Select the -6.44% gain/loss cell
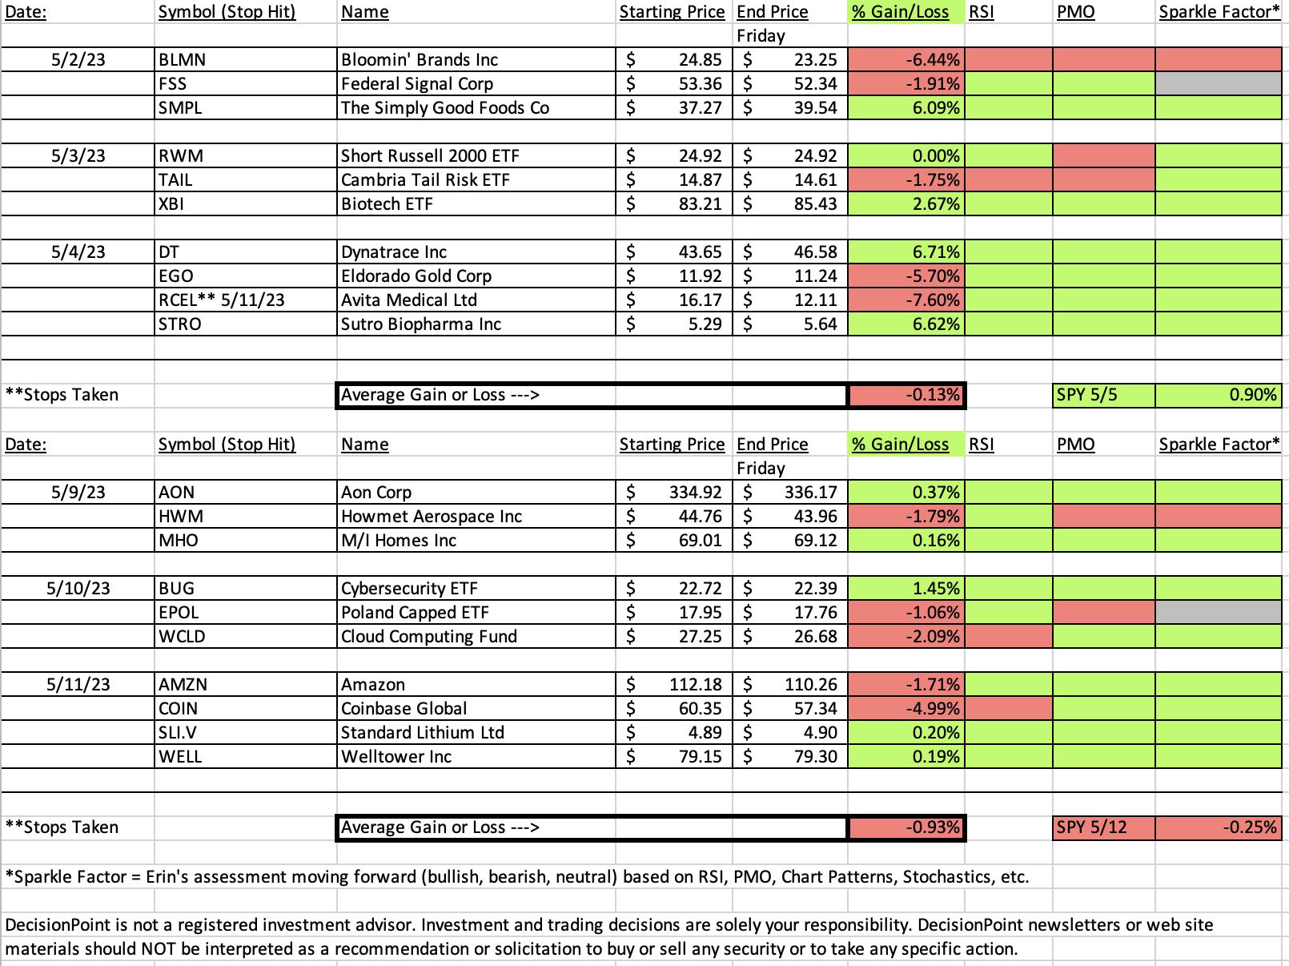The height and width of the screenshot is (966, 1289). pos(906,60)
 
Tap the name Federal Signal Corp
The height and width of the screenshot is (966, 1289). pos(417,84)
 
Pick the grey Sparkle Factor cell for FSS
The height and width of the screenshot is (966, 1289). pos(1218,84)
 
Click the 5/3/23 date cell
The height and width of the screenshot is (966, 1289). pos(78,155)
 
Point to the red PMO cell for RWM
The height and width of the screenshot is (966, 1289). pos(1103,155)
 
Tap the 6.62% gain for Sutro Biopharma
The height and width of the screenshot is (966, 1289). pos(906,324)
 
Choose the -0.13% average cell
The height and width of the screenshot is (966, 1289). pos(906,395)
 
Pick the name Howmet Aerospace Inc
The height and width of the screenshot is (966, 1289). pos(431,516)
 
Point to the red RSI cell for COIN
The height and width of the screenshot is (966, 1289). pos(1008,709)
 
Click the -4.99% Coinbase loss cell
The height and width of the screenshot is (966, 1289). pos(906,709)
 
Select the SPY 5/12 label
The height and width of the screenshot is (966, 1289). pos(1092,827)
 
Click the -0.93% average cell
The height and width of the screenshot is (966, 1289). pos(906,828)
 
